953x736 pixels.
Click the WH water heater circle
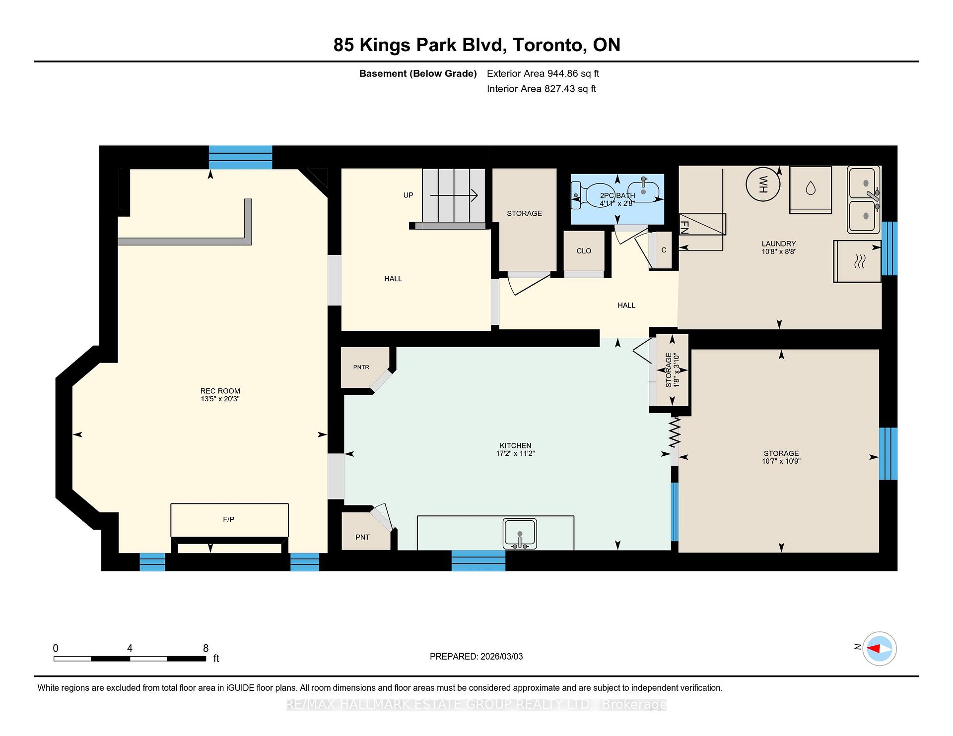[763, 184]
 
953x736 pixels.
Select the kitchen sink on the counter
[520, 534]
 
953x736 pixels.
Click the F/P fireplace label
[229, 519]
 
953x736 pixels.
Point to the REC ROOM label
[220, 391]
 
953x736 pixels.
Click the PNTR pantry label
[361, 367]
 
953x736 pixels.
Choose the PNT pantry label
[362, 537]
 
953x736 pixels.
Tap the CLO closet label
[584, 251]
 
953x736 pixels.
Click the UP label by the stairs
[408, 195]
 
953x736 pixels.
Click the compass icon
[879, 648]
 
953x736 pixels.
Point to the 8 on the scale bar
[205, 648]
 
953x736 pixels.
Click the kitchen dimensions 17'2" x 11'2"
[515, 453]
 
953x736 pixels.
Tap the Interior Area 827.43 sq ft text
[541, 89]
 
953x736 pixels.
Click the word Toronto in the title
[547, 45]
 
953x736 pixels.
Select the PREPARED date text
[476, 656]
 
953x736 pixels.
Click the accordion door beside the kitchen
[675, 431]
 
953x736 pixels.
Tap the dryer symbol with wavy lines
[859, 261]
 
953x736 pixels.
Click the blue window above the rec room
[240, 157]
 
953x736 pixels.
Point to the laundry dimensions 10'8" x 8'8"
[779, 251]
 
